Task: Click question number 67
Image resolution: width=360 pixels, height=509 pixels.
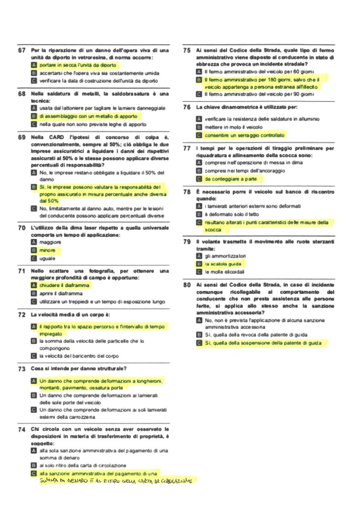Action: pyautogui.click(x=22, y=50)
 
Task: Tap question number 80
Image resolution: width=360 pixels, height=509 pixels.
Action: pyautogui.click(x=187, y=285)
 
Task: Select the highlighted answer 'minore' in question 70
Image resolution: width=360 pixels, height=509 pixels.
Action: pyautogui.click(x=47, y=251)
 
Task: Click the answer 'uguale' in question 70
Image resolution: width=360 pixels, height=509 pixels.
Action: pyautogui.click(x=47, y=258)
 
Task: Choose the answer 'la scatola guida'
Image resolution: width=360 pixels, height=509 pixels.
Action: pyautogui.click(x=223, y=264)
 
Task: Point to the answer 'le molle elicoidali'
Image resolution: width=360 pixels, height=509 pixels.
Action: pyautogui.click(x=224, y=272)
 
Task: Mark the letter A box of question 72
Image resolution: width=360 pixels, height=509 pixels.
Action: pyautogui.click(x=34, y=327)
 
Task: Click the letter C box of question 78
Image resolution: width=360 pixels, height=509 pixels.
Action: pyautogui.click(x=199, y=223)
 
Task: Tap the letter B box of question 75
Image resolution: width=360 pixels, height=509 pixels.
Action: pyautogui.click(x=199, y=79)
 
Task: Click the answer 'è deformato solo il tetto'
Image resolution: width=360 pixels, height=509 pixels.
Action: pyautogui.click(x=232, y=215)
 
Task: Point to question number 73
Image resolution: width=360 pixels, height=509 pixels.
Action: pyautogui.click(x=22, y=368)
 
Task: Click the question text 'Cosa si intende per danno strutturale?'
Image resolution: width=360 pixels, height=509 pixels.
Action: pyautogui.click(x=79, y=368)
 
